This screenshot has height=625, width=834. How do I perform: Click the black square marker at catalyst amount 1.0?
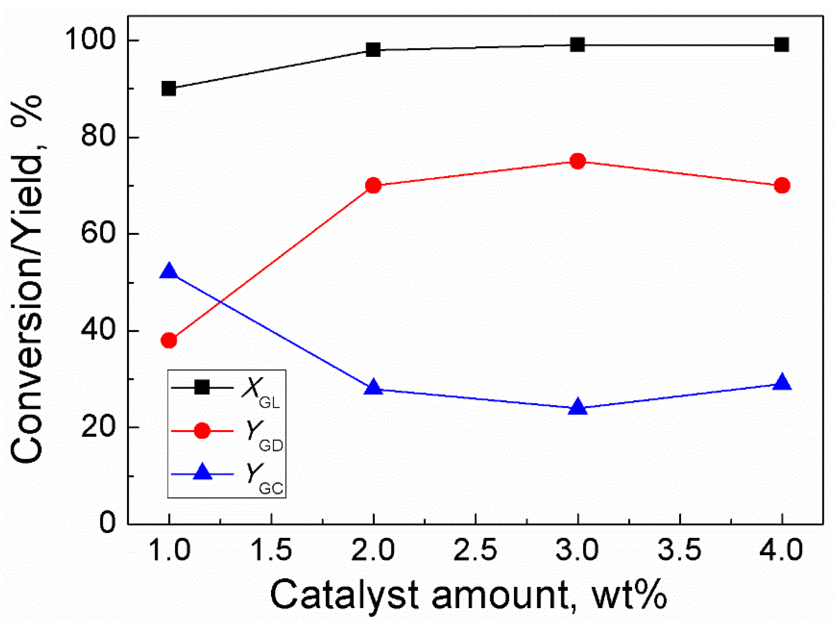point(169,89)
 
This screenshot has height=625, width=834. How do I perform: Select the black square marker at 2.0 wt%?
point(373,50)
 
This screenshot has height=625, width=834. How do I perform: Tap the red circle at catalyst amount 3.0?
point(578,161)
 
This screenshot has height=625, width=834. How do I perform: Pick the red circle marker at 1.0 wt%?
point(169,341)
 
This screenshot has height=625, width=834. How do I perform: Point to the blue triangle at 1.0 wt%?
point(169,272)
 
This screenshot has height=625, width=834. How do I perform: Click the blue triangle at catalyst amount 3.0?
point(578,407)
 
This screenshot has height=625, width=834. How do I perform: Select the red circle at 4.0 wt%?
point(782,186)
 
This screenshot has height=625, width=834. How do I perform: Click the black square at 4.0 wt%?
point(782,45)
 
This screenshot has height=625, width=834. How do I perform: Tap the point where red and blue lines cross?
point(221,302)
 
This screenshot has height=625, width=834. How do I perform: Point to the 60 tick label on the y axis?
point(97,234)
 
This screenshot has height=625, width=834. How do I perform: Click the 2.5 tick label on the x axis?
point(475,550)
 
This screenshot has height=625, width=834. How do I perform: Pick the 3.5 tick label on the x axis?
point(679,550)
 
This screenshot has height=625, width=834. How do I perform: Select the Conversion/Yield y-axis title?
point(26,279)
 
